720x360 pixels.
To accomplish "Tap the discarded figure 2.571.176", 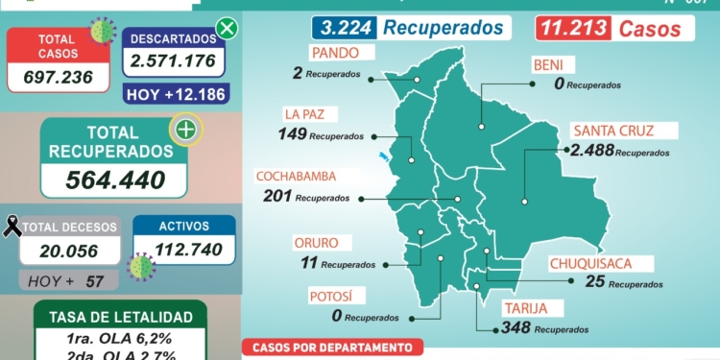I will click(x=173, y=64).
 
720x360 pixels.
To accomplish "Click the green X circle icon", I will click(x=227, y=28).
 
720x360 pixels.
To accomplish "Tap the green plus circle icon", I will click(x=185, y=130).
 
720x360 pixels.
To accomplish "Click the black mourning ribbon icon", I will click(x=12, y=227).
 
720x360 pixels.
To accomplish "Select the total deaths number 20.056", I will click(x=69, y=251).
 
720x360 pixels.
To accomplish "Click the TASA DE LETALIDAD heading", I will click(x=120, y=317).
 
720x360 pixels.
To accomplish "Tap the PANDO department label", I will click(x=333, y=52).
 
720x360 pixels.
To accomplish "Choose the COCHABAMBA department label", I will click(x=307, y=177).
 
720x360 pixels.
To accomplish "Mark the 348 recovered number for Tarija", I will click(x=516, y=328).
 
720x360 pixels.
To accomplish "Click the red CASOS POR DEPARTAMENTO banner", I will click(x=331, y=348).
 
